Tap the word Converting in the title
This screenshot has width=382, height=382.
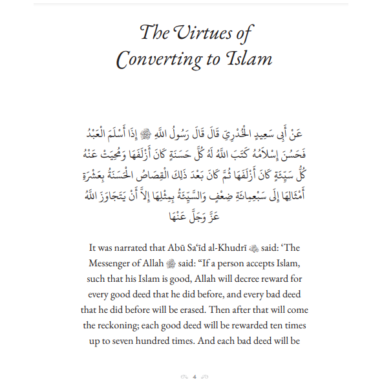(158, 60)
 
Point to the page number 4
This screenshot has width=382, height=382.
(193, 376)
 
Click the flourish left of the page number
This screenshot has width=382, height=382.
(182, 376)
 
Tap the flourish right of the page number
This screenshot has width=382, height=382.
(204, 376)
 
